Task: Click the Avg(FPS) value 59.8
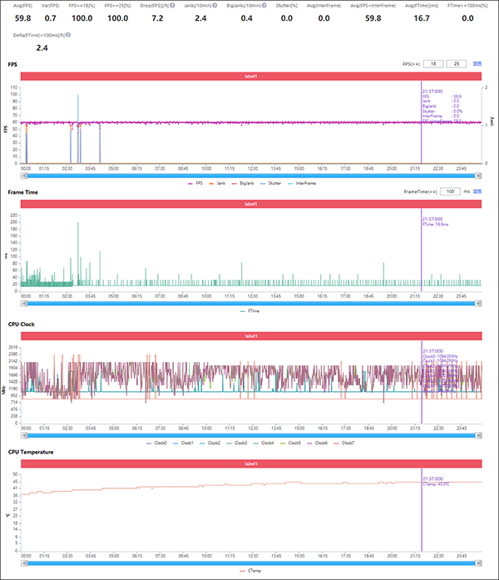(x=24, y=17)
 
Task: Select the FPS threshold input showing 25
(x=456, y=62)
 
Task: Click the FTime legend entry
(x=252, y=310)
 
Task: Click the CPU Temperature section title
(x=32, y=452)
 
